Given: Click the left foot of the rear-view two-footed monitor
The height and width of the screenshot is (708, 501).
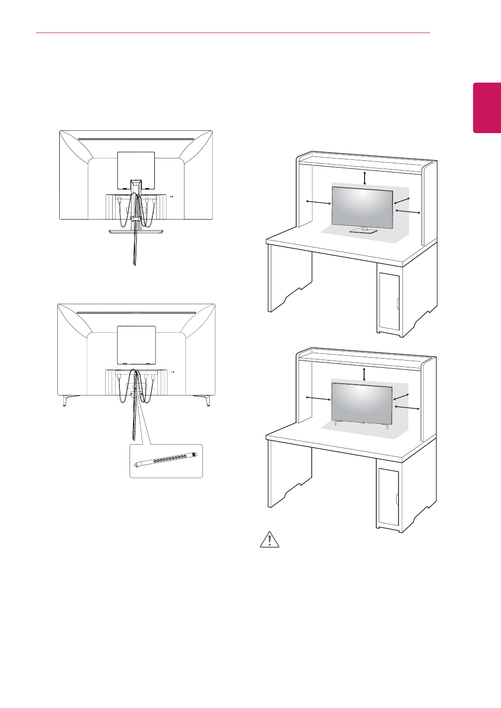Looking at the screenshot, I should point(66,400).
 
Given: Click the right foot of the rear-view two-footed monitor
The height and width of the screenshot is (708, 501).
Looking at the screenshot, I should point(207,400).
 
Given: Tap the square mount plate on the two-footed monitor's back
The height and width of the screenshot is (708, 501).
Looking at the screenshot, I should point(136,345).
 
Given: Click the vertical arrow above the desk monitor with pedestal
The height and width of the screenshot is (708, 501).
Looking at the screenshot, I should point(365,178).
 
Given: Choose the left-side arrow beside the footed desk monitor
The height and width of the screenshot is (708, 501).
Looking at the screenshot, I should point(317,399).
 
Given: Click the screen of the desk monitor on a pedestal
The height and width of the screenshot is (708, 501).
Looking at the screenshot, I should point(362,205).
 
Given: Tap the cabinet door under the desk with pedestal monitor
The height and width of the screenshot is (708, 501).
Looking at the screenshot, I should point(388,301).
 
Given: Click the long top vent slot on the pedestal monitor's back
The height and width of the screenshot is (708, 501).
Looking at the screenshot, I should point(136,140).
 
